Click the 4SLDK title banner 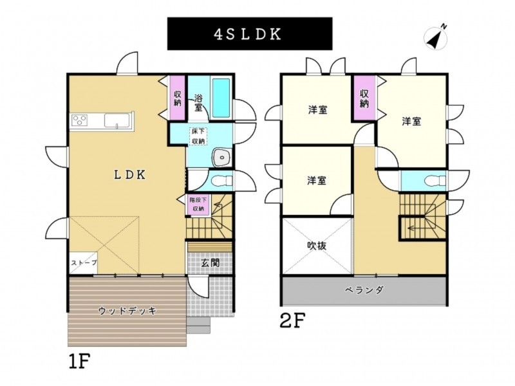point(250,33)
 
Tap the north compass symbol point(436,37)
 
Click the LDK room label point(130,175)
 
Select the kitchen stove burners point(79,120)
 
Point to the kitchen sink point(117,120)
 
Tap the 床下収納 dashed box point(198,136)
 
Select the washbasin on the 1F point(222,158)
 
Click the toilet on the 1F point(221,181)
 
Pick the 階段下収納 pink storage point(198,205)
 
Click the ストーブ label point(84,262)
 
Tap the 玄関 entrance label point(211,262)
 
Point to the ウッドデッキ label point(127,310)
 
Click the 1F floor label point(79,361)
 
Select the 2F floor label point(293,320)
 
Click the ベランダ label point(364,290)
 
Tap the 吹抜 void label point(317,245)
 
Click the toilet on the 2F point(435,181)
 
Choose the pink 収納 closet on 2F point(364,98)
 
